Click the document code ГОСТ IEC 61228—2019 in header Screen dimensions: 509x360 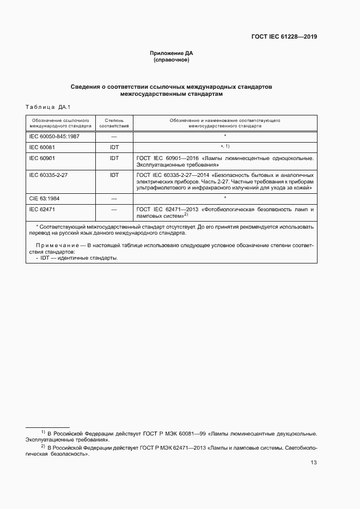point(284,37)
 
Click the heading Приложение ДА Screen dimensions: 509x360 point(172,53)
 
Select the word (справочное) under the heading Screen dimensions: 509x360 point(172,60)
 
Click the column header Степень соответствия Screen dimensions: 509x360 point(114,122)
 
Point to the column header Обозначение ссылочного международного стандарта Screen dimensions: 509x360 point(60,122)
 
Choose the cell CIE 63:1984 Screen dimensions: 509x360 point(46,199)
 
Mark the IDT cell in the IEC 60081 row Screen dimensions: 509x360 point(114,147)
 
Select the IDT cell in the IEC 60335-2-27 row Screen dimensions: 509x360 point(114,175)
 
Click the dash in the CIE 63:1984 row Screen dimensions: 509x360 point(114,199)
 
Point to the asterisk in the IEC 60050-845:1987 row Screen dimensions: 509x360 point(224,136)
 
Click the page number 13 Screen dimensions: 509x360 point(313,463)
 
